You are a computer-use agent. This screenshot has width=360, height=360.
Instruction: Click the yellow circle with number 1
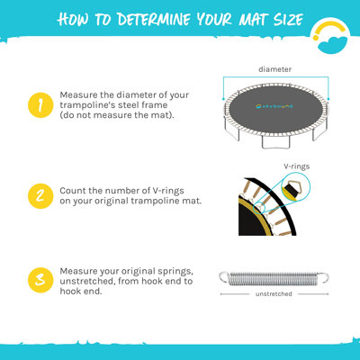pyautogui.click(x=40, y=105)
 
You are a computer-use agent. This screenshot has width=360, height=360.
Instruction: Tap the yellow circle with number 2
pyautogui.click(x=40, y=196)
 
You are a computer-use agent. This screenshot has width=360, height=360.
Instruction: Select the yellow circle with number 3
pyautogui.click(x=40, y=280)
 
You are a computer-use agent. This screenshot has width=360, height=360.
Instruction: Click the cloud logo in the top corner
pyautogui.click(x=330, y=38)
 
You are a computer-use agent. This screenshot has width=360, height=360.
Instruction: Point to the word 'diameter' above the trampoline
pyautogui.click(x=275, y=69)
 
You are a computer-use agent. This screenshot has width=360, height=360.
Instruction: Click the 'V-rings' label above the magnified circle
pyautogui.click(x=297, y=166)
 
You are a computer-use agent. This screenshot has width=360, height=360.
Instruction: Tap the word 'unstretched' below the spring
pyautogui.click(x=274, y=294)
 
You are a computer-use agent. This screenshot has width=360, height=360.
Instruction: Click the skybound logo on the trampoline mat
pyautogui.click(x=274, y=106)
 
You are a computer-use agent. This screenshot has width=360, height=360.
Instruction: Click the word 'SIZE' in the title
pyautogui.click(x=288, y=20)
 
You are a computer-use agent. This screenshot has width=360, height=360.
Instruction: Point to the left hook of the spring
pyautogui.click(x=224, y=277)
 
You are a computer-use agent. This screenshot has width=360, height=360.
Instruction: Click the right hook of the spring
pyautogui.click(x=323, y=277)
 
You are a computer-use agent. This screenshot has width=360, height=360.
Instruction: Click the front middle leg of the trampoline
pyautogui.click(x=275, y=142)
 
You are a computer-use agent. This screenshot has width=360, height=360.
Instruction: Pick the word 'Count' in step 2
pyautogui.click(x=70, y=191)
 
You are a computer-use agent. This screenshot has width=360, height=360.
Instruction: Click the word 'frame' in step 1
pyautogui.click(x=156, y=105)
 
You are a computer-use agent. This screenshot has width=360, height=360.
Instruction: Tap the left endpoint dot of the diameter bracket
pyautogui.click(x=223, y=99)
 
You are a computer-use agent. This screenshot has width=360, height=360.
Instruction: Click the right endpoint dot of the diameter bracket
pyautogui.click(x=328, y=99)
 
